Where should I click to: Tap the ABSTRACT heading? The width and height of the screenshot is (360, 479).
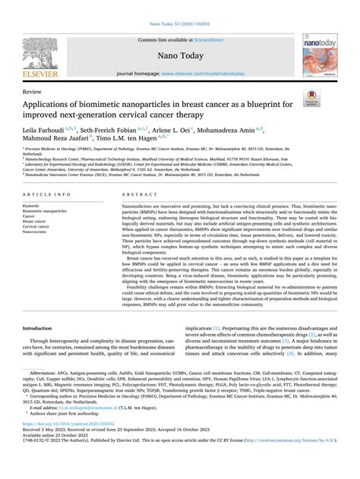[137, 194]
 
